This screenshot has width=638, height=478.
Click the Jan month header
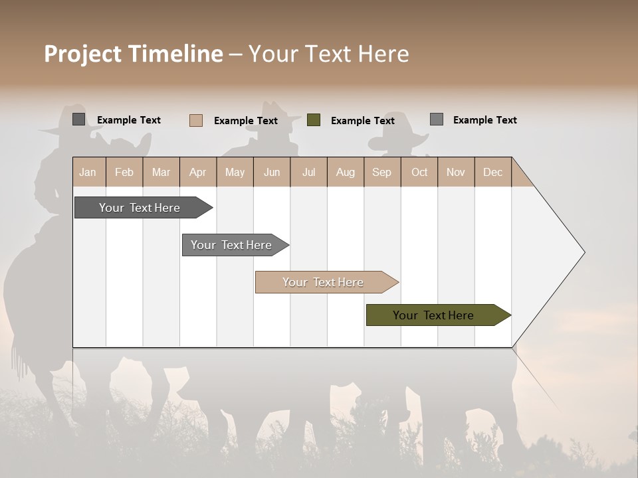[x=88, y=172]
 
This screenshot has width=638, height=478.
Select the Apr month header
[x=198, y=172]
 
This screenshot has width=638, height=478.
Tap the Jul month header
[x=308, y=172]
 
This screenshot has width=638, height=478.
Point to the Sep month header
[x=381, y=172]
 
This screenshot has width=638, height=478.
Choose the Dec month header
[x=492, y=172]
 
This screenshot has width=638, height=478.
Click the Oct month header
[x=419, y=172]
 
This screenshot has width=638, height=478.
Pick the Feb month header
[x=124, y=172]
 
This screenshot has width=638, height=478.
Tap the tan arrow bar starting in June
[x=324, y=282]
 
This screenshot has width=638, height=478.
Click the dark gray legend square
[x=79, y=119]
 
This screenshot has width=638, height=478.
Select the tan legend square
[x=196, y=120]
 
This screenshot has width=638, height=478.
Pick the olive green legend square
[x=314, y=120]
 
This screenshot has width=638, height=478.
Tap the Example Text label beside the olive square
[x=362, y=120]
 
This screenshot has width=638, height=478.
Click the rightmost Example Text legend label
[x=484, y=119]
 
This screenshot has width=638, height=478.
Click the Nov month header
[x=456, y=172]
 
